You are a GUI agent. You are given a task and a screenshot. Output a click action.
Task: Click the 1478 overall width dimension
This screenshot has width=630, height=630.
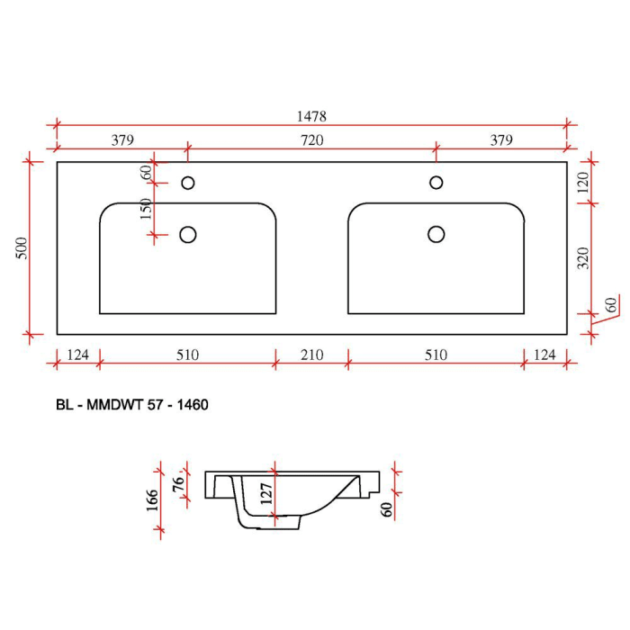click(x=311, y=116)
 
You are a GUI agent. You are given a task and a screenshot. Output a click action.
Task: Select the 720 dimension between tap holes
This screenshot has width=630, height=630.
click(x=311, y=140)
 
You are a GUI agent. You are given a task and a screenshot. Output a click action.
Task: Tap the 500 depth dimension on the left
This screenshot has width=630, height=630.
click(x=22, y=248)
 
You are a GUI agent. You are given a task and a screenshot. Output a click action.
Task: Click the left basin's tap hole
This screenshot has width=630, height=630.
click(x=188, y=183)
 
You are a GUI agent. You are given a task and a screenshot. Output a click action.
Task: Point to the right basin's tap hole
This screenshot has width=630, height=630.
click(x=436, y=183)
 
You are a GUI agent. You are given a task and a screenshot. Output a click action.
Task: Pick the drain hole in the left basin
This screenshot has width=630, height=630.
click(x=188, y=235)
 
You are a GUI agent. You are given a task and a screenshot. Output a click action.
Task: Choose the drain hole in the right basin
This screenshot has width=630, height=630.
click(x=436, y=234)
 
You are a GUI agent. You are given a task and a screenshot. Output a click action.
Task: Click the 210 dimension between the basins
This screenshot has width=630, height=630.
click(x=311, y=355)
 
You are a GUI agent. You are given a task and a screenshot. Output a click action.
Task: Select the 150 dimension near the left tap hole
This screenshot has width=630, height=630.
click(x=147, y=209)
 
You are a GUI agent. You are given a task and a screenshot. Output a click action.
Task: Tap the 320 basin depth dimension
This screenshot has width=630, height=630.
click(x=583, y=258)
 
